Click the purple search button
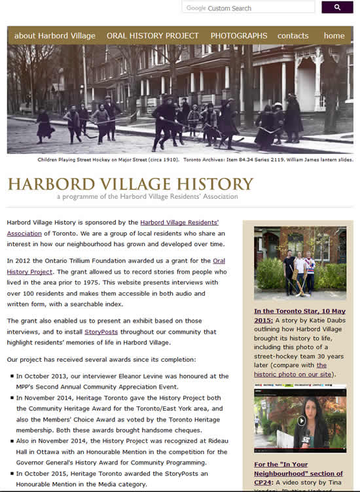(337, 7)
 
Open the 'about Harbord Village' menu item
(54, 35)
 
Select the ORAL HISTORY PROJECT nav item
(153, 35)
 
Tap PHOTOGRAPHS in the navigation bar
(239, 35)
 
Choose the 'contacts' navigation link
(293, 35)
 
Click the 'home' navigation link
(334, 35)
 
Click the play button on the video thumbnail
(301, 421)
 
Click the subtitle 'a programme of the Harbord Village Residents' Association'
(147, 196)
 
